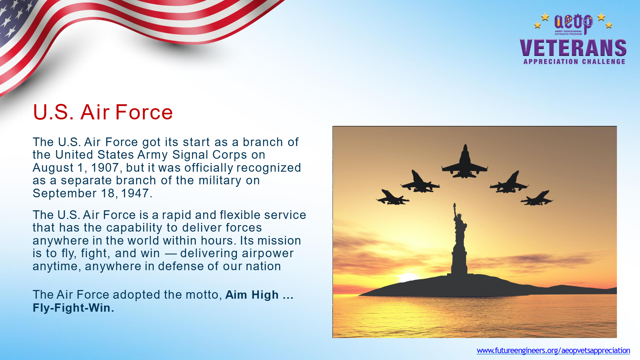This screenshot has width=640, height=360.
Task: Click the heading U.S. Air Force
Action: coord(103,112)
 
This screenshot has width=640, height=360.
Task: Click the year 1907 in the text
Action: coord(105,168)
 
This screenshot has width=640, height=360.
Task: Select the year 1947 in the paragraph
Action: coord(135,193)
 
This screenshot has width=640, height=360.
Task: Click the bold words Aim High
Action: coord(252,295)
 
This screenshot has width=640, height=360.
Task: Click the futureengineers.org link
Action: coord(553,351)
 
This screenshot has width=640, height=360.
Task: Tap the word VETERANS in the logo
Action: coord(573,48)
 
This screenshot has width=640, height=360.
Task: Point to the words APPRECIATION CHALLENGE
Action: coord(574,62)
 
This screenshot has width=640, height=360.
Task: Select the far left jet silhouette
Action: coord(392,197)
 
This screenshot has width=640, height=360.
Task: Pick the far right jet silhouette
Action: coord(537,198)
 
